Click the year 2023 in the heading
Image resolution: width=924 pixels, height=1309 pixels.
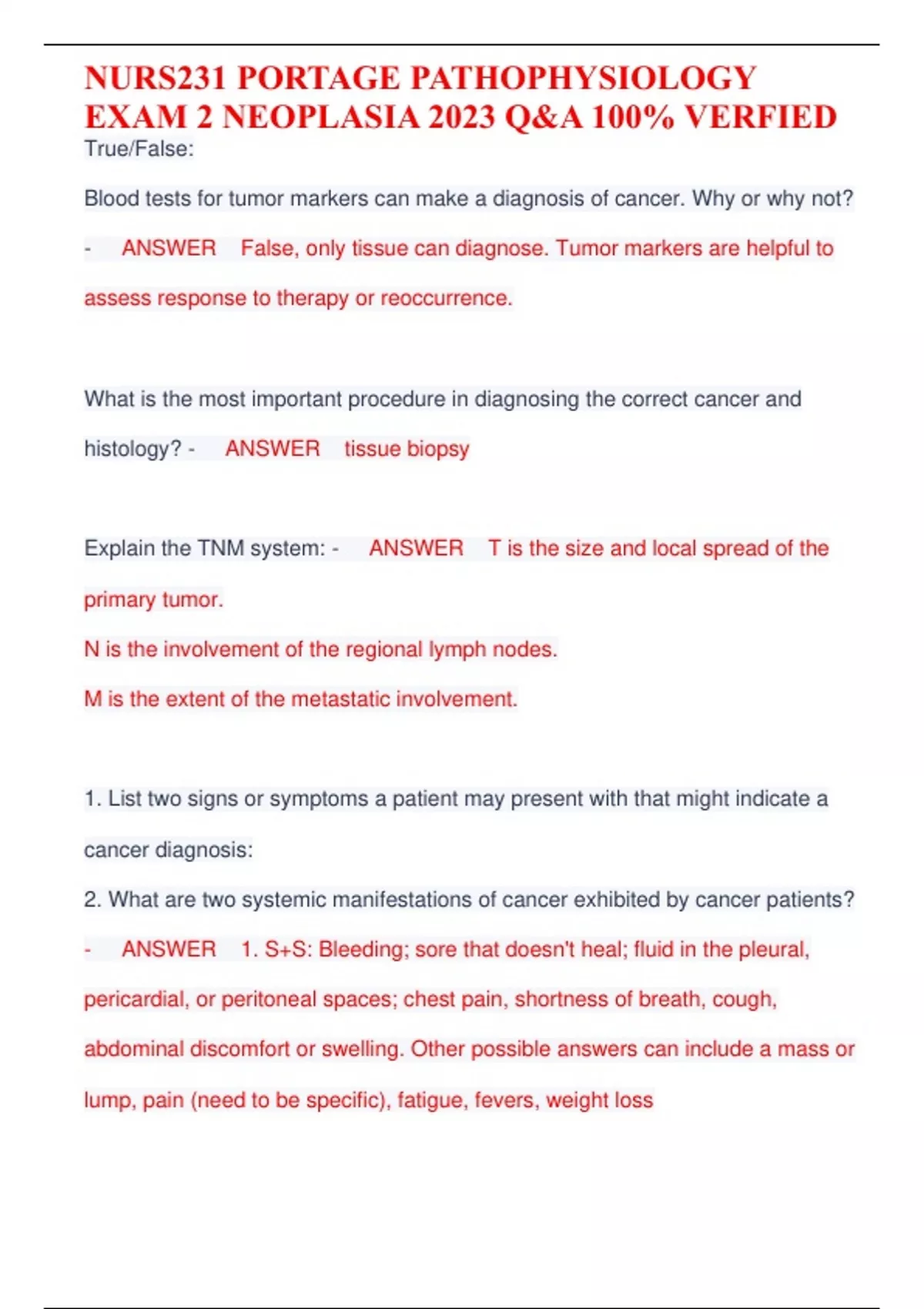(461, 118)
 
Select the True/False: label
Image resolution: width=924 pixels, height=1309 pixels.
(139, 149)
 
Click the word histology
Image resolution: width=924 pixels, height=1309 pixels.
(132, 449)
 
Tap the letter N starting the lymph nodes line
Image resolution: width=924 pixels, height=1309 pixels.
(92, 649)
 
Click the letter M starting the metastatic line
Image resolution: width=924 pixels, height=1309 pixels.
(92, 699)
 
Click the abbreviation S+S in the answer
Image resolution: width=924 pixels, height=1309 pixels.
(286, 949)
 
